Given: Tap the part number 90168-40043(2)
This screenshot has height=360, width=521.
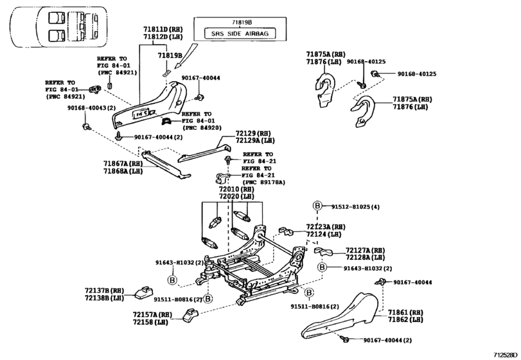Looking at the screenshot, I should click(89, 107).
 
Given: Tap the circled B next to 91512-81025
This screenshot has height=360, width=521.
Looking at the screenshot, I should click(317, 206).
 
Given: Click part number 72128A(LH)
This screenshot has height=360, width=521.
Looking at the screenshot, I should click(365, 257).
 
